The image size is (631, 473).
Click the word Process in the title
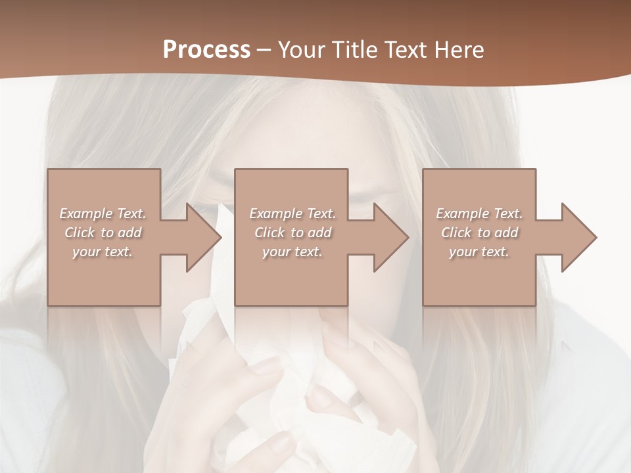coord(206,49)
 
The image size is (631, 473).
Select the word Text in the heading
coord(406,49)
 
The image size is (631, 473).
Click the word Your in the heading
coord(302,49)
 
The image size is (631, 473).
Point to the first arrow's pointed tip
coord(221,237)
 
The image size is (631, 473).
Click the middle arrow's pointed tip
coord(408,237)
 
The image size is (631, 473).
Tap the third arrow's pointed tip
coord(596,237)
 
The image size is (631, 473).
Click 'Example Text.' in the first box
coord(103,214)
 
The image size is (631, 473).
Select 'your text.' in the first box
coord(103,252)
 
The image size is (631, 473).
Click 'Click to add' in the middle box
coord(292,233)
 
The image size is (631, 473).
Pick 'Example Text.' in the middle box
coord(292,214)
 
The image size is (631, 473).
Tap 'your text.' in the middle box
coord(292,252)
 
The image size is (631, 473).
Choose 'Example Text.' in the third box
coord(479,214)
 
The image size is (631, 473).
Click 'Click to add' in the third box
coord(479,233)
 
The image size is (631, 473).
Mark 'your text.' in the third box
coord(479,252)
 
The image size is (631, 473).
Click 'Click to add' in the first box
coord(103,233)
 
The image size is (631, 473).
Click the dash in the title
coord(264,50)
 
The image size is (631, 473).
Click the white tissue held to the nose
coord(276,394)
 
